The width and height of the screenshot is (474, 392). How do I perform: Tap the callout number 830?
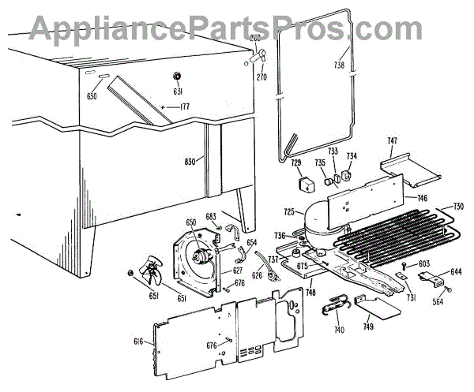pos(189,162)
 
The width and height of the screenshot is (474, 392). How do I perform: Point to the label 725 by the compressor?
pos(289,212)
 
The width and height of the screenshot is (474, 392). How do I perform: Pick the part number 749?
pos(369,327)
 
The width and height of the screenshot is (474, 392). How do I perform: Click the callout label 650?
pos(190,223)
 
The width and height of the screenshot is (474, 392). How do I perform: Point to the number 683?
pos(210,215)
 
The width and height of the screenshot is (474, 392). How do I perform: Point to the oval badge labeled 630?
pos(104,75)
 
